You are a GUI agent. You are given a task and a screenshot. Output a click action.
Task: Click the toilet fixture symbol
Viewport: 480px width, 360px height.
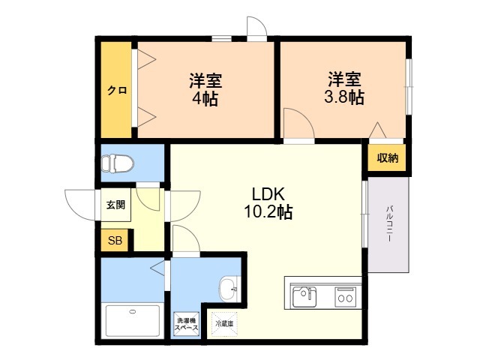(x=118, y=163)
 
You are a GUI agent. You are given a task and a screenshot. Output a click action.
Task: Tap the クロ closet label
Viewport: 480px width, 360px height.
(x=117, y=91)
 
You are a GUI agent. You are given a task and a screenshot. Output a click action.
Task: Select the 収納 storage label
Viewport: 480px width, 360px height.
(x=388, y=158)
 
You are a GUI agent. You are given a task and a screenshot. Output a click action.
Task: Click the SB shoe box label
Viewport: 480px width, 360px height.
(x=115, y=241)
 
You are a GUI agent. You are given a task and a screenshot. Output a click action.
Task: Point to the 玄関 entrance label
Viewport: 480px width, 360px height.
(x=115, y=205)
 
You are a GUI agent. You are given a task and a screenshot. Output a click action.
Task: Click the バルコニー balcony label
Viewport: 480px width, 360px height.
(x=389, y=223)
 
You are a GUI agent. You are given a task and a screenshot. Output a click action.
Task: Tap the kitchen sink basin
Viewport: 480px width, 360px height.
(x=304, y=297)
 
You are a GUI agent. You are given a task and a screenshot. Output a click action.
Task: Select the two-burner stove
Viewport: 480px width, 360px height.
(x=345, y=297)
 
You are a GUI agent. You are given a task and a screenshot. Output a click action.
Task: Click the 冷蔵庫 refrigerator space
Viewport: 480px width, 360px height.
(x=224, y=324)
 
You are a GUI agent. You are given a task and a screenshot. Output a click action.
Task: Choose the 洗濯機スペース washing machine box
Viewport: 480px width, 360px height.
(x=187, y=324)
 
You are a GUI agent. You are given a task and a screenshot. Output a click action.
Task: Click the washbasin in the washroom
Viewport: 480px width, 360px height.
(x=228, y=288)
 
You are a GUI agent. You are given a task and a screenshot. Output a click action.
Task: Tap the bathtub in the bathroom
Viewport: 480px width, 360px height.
(x=133, y=320)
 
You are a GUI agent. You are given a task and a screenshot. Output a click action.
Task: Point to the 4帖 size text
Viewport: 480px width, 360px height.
(x=205, y=98)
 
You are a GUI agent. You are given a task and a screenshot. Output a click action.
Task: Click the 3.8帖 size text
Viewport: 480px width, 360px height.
(x=344, y=97)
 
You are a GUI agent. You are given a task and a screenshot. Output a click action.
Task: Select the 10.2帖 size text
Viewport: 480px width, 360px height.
(x=268, y=211)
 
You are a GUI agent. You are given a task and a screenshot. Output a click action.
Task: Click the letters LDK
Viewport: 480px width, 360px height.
(x=268, y=193)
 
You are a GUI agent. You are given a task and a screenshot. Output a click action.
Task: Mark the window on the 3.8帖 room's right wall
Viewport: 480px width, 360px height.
(x=409, y=87)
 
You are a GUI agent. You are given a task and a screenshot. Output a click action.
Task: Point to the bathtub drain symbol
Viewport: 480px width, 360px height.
(x=132, y=312)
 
